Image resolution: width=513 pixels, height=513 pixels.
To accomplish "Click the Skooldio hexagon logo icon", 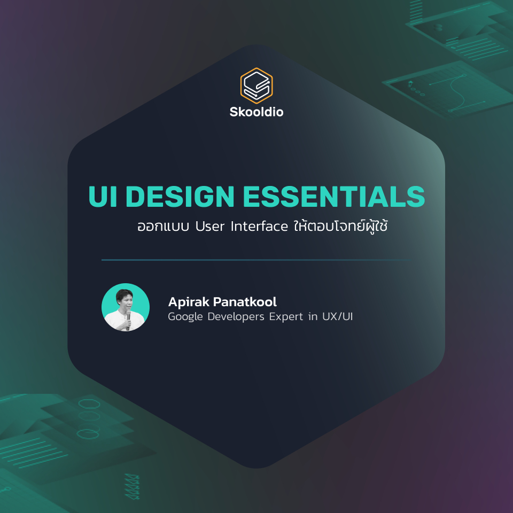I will coord(256,85).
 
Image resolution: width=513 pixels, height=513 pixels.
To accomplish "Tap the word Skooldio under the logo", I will coord(256,112).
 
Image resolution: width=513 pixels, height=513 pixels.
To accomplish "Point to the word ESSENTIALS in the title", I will coord(334,197).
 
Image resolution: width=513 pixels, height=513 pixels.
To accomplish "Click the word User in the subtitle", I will coord(210,226).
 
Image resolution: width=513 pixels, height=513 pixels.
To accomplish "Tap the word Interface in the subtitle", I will coord(260,226).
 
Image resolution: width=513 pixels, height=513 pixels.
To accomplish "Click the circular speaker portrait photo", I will coord(126,307).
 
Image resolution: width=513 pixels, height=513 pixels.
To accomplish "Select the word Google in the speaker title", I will coord(184,317).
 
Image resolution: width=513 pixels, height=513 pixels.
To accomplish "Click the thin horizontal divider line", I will coord(256,260).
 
